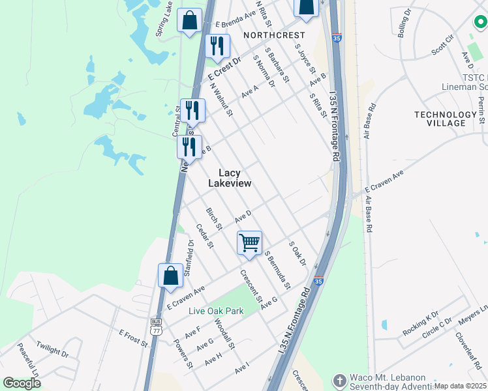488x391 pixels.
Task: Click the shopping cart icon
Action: [250, 243]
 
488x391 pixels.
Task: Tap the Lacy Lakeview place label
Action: [229, 179]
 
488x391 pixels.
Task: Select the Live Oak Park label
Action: [216, 311]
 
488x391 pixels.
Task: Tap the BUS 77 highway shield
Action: [156, 326]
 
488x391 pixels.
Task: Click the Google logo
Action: [22, 383]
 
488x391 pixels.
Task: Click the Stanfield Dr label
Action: [189, 257]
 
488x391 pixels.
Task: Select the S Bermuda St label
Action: [277, 270]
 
